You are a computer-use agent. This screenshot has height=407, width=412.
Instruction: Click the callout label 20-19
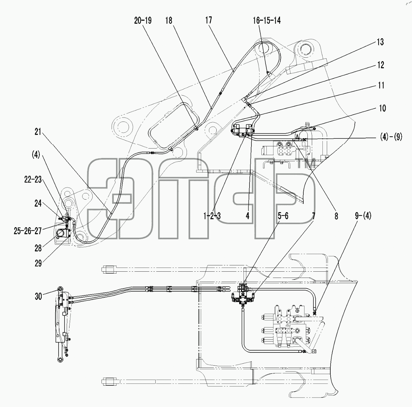tap(143, 21)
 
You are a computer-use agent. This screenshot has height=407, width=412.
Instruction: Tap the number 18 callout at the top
tap(169, 21)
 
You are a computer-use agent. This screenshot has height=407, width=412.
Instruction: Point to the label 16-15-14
tap(267, 21)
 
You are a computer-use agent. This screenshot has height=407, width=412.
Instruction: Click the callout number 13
tap(380, 42)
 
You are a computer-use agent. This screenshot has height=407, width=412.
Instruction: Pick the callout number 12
tap(381, 65)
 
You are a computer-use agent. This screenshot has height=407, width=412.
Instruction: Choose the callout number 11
tap(381, 86)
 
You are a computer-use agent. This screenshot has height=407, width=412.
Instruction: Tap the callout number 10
tap(383, 108)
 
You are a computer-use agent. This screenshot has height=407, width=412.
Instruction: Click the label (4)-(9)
tap(391, 137)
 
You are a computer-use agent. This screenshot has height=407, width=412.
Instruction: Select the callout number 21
tap(38, 132)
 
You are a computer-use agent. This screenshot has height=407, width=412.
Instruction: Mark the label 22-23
tap(33, 180)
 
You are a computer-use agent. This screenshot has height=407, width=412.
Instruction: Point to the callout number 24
tap(38, 203)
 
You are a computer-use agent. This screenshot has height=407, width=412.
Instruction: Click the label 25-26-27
tap(28, 231)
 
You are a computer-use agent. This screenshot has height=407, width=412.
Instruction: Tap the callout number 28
tap(38, 248)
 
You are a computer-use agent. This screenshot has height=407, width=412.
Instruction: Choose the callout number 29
tap(38, 264)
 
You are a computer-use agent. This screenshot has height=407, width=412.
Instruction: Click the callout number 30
tap(38, 297)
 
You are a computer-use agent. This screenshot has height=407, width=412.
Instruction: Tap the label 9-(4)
tap(363, 216)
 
